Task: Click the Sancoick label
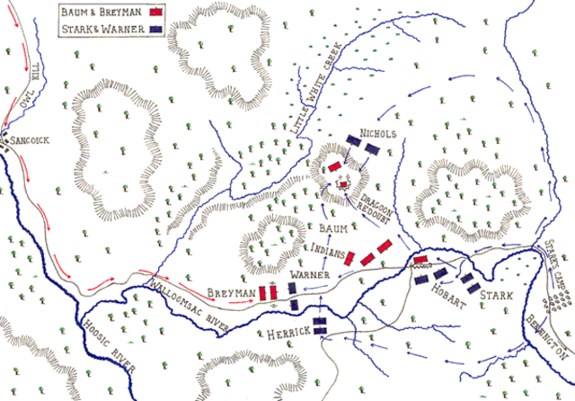coord(29,142)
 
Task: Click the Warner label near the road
coord(307,272)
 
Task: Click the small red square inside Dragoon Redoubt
coord(342,185)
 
